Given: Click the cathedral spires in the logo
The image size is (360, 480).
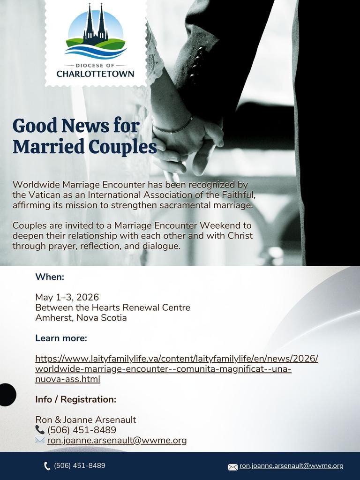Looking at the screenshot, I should (x=96, y=23).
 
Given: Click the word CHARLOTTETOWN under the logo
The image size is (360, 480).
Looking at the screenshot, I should (x=95, y=74).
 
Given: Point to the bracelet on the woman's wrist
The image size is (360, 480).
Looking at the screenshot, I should (x=172, y=127).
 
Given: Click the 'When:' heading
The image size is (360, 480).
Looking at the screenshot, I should (x=50, y=277).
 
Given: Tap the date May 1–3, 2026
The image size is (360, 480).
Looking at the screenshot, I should (x=67, y=297).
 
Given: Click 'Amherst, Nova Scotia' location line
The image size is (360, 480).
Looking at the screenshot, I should (x=81, y=318).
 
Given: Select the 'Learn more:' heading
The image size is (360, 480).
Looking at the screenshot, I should (x=61, y=338).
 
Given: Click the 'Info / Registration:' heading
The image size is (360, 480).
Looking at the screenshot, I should (x=75, y=399).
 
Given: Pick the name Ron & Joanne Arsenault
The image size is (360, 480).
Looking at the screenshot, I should (x=85, y=420).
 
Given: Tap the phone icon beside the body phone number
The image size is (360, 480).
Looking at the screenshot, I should (x=40, y=430).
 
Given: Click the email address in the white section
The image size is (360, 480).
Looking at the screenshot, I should (x=117, y=440).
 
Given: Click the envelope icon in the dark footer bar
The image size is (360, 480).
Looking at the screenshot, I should (x=232, y=467).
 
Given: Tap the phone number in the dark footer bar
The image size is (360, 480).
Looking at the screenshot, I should (x=79, y=465).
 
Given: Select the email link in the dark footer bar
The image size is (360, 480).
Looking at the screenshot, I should (x=291, y=466).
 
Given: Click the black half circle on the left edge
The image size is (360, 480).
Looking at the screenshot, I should (x=7, y=394).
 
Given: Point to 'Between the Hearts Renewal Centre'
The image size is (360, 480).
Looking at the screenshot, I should (x=112, y=307).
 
